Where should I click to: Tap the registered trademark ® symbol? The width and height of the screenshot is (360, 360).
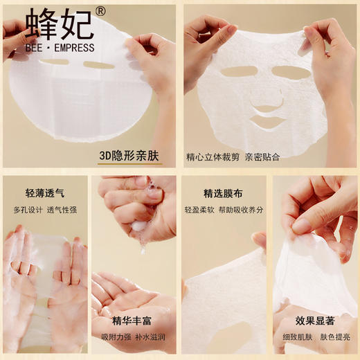(100, 12)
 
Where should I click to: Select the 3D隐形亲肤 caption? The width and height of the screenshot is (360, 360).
(127, 156)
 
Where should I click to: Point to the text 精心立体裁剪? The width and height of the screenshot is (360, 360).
(213, 156)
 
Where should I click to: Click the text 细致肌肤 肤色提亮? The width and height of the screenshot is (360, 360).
(315, 337)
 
